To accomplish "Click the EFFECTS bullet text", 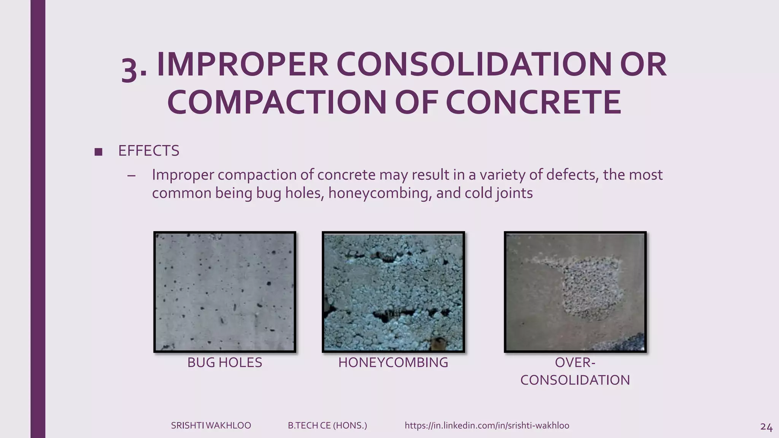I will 148,151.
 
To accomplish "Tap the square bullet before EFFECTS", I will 98,152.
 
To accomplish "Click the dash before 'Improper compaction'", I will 132,175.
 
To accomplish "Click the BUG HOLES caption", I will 224,363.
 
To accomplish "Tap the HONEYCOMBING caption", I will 393,363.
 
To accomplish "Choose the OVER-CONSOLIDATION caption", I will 575,371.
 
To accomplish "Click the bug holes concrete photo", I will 225,292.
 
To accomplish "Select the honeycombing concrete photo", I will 393,292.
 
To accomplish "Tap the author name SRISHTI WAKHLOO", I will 211,425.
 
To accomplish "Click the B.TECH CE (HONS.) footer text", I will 327,425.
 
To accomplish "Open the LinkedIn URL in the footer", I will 487,425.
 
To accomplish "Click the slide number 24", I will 766,427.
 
